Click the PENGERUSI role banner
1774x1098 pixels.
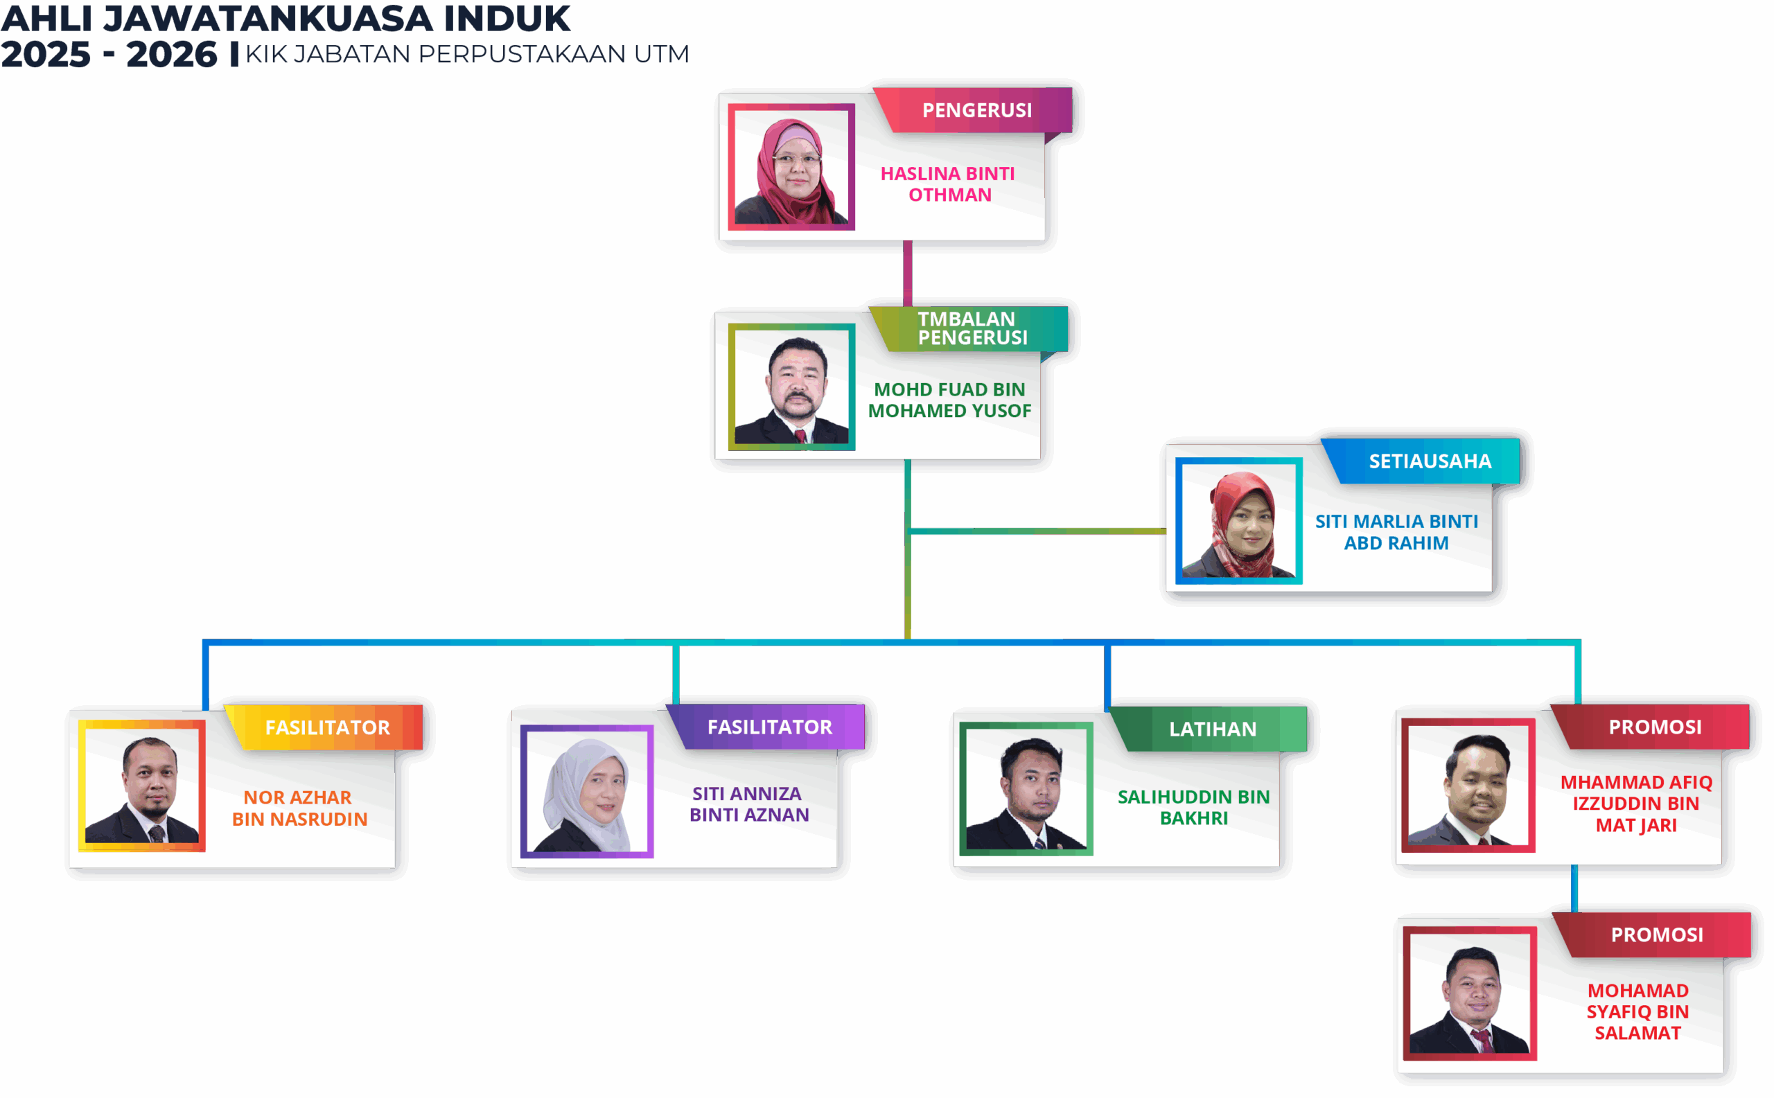(x=976, y=110)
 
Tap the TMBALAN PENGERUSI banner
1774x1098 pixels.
(x=972, y=328)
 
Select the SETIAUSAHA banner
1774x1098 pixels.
(x=1430, y=461)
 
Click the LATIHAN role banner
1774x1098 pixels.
(x=1213, y=729)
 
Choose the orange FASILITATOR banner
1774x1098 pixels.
(x=327, y=727)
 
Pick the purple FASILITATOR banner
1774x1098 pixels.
(x=769, y=727)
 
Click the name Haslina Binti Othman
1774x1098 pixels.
(x=948, y=184)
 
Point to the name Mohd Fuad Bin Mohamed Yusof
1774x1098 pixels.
(x=949, y=400)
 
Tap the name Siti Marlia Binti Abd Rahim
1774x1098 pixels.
(x=1396, y=532)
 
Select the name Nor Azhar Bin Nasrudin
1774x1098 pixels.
(x=299, y=808)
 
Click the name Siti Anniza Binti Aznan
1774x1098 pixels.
(x=748, y=804)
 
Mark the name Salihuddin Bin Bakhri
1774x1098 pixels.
(x=1193, y=808)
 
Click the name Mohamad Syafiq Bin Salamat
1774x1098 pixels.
(x=1637, y=1011)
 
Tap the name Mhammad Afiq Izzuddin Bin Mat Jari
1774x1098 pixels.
(x=1636, y=804)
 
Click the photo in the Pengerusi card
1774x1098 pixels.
(x=791, y=167)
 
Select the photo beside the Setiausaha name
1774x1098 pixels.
(x=1238, y=521)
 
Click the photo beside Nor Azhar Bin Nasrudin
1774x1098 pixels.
(x=141, y=786)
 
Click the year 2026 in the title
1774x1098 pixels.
(x=171, y=55)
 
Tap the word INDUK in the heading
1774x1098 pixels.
(x=507, y=18)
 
